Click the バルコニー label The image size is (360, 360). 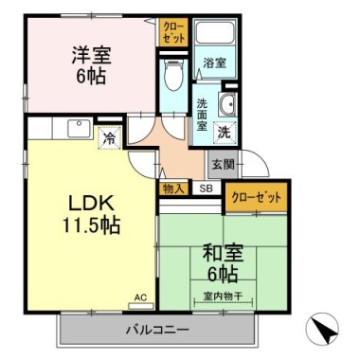(x=157, y=331)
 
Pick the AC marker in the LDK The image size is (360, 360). (x=140, y=297)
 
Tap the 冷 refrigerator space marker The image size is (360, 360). (x=110, y=138)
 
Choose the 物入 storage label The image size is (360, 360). (x=173, y=188)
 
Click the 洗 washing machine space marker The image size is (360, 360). (x=225, y=134)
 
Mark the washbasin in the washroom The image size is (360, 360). (x=228, y=105)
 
